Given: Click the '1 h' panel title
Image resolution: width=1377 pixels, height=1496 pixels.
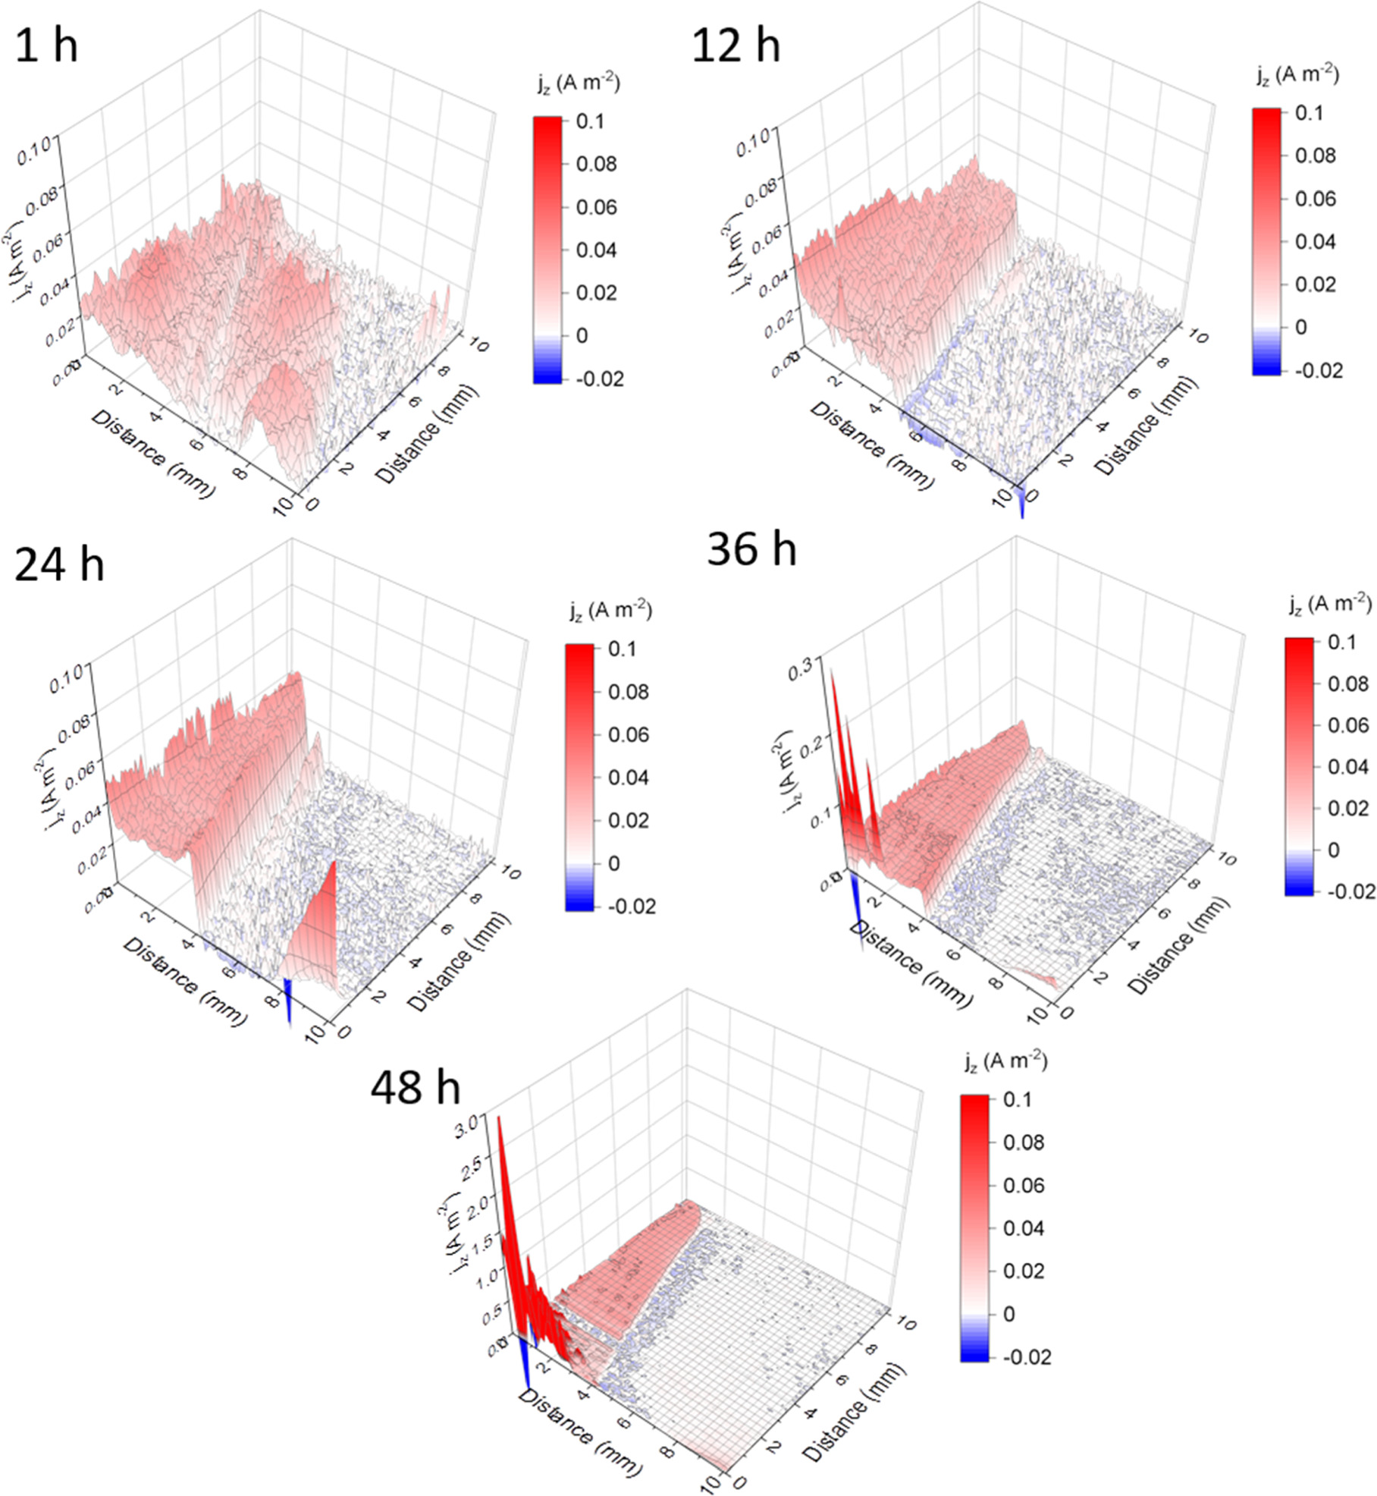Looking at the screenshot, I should coord(46,47).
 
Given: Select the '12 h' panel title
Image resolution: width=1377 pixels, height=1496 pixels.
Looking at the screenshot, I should coord(736,46).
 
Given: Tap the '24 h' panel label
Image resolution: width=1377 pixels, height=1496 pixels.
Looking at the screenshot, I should coord(59,565).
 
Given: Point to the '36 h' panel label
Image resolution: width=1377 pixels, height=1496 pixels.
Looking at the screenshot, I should coord(751,548).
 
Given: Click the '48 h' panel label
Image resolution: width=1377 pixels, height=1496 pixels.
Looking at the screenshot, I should coord(415,1088).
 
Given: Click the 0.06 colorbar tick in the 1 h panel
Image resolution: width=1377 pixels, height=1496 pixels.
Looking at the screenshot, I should coord(596,207).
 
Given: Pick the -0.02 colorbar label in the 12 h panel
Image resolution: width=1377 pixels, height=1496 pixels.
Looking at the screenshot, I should coord(1318,370).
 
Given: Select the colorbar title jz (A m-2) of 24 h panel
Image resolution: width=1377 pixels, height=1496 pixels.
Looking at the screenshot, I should coord(611,611).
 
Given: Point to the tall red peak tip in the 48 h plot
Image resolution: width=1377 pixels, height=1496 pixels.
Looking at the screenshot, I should coord(499,1118).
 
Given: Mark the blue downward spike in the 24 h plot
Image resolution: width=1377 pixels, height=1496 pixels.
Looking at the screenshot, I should coord(288,1001).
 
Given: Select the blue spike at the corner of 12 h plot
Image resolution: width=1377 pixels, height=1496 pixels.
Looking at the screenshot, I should coord(1021,505).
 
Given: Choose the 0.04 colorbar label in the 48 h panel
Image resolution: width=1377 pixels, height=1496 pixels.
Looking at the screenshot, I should coord(1023,1228).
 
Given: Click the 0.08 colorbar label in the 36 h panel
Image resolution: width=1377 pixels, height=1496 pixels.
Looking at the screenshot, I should coord(1347,684).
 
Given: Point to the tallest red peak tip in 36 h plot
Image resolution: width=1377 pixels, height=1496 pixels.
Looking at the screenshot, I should coord(833,671).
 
